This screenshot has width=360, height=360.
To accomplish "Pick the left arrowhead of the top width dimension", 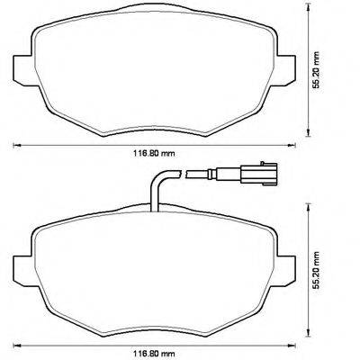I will (x=13, y=144).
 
